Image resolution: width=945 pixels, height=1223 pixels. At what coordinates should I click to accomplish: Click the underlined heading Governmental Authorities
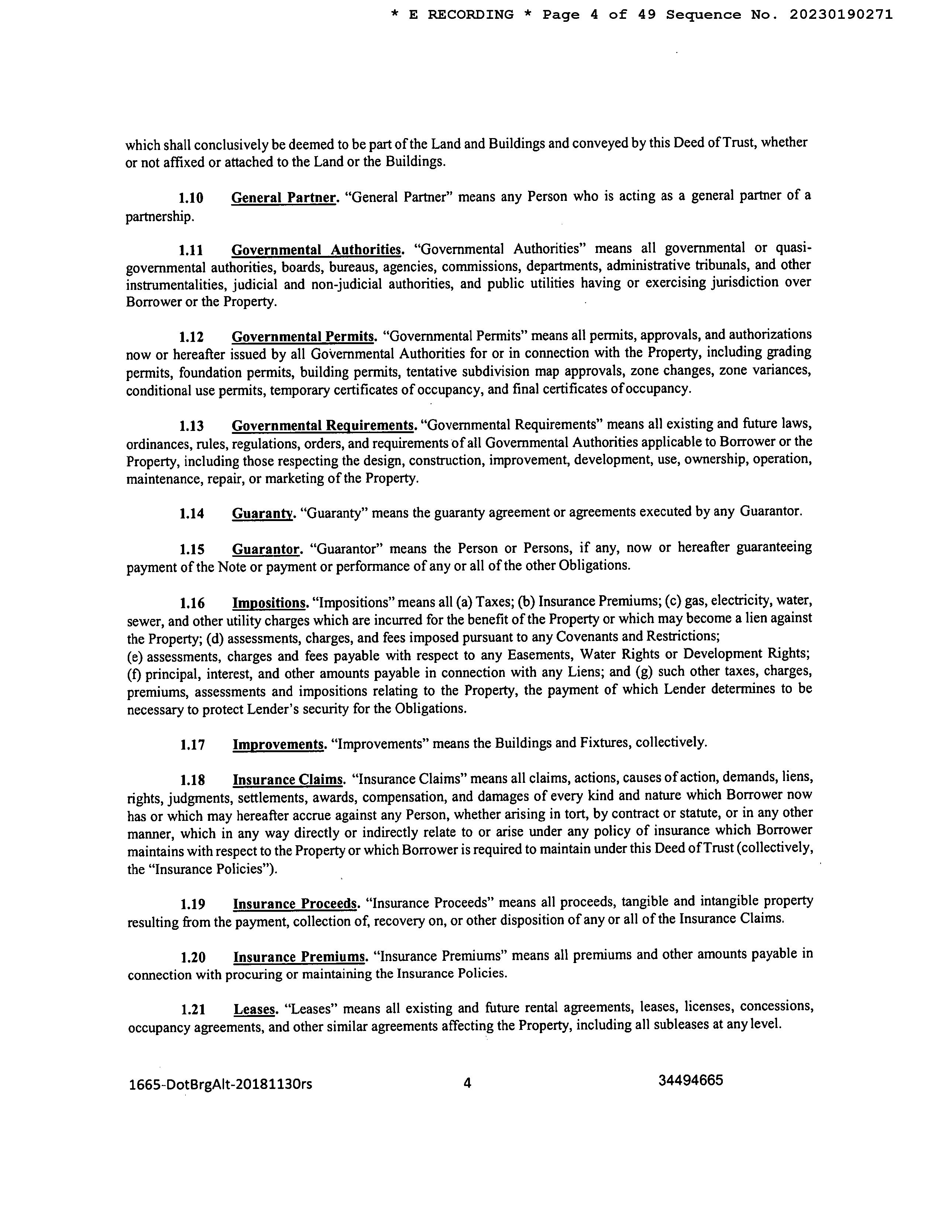317,249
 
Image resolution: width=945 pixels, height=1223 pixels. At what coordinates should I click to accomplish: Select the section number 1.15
192,549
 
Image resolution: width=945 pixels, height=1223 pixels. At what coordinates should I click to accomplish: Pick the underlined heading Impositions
270,603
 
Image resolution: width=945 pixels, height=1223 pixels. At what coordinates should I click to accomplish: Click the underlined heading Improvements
279,744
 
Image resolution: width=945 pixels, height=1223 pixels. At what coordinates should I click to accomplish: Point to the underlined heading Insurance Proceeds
295,904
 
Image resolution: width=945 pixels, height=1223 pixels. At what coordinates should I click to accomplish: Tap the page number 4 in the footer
467,1083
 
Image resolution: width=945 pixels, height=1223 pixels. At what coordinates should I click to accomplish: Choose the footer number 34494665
690,1080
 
